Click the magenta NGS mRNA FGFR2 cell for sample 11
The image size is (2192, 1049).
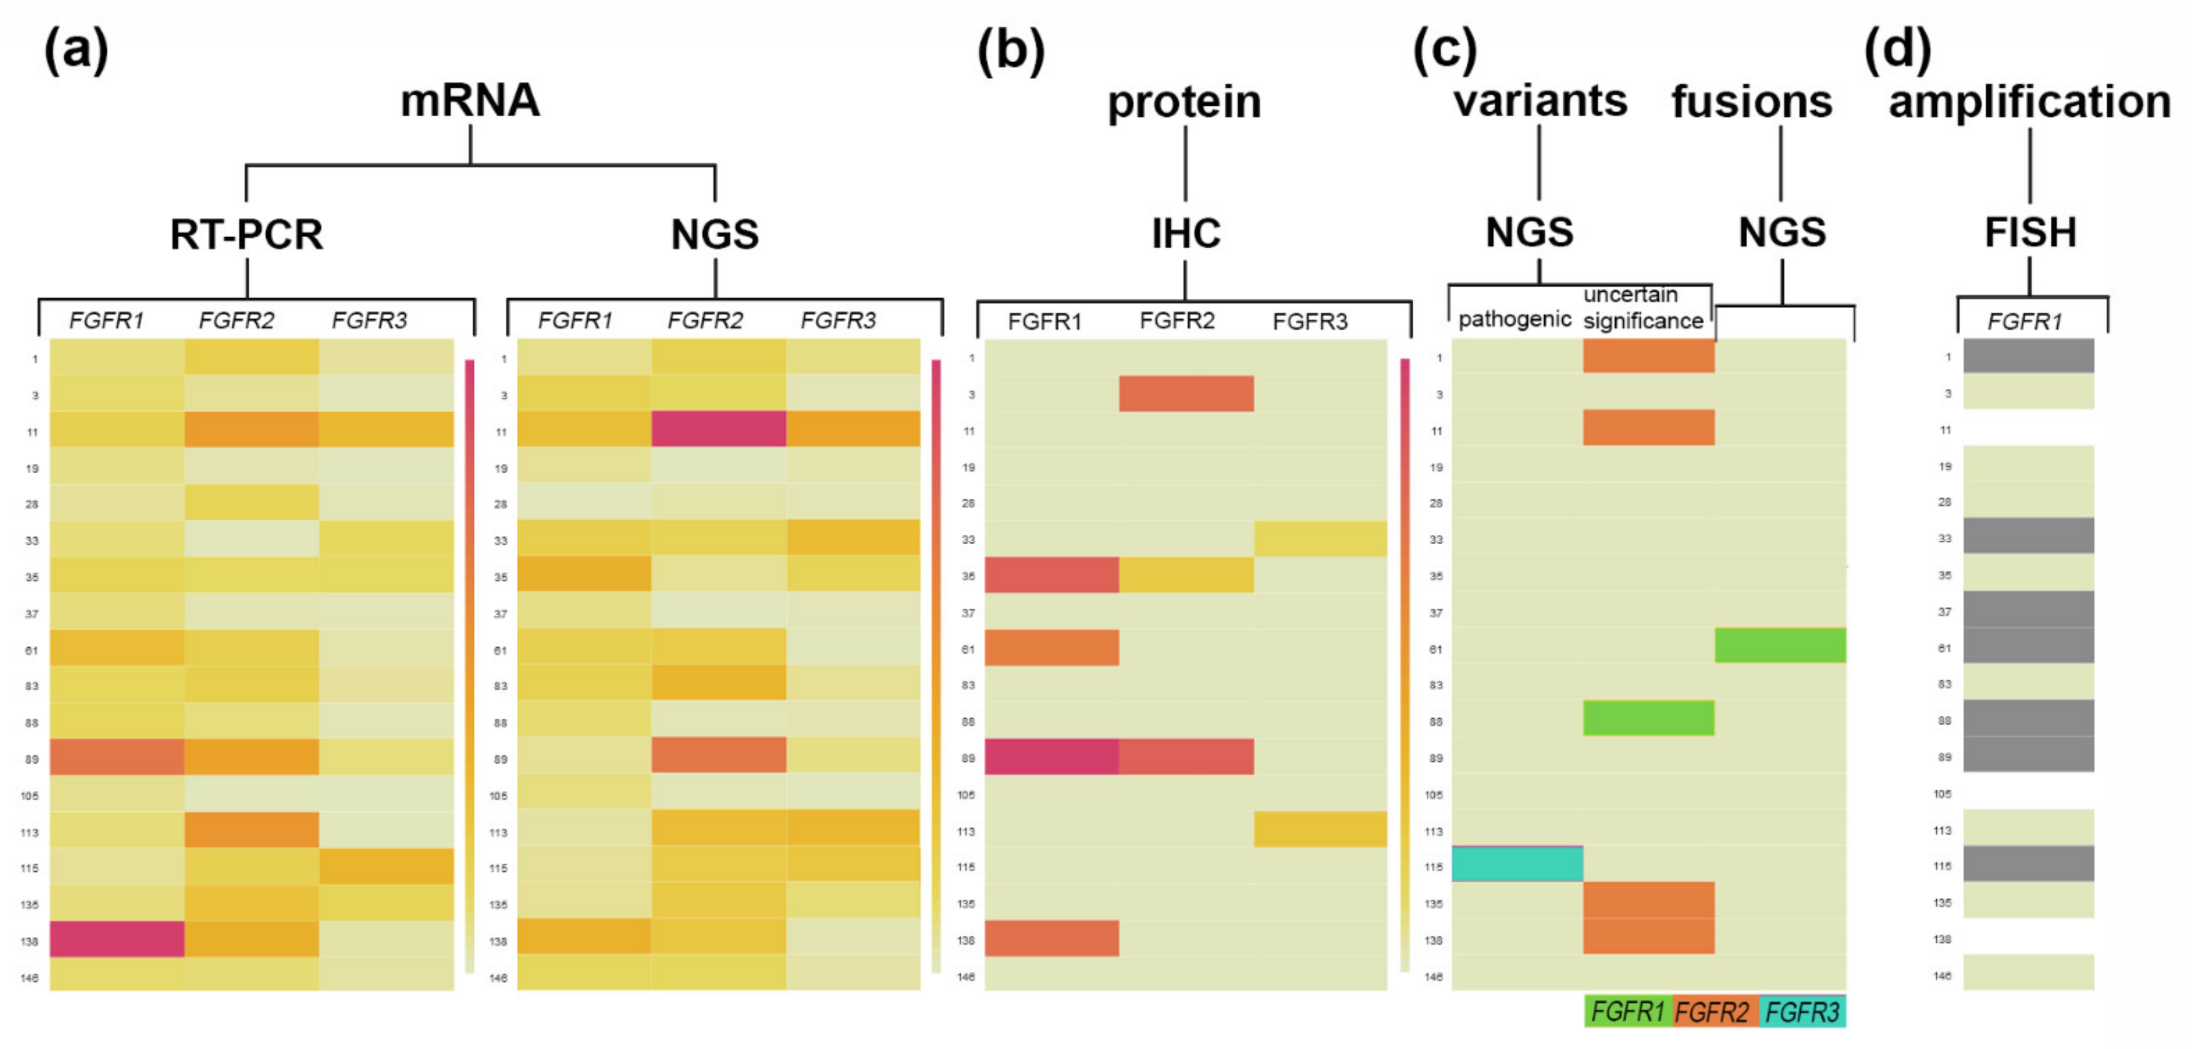click(x=718, y=429)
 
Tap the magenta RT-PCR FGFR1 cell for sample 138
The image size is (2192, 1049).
click(x=117, y=938)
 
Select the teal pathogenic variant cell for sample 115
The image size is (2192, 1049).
click(x=1516, y=864)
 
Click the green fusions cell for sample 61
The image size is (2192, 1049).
click(x=1780, y=645)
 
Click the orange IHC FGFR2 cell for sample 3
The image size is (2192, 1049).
click(x=1185, y=393)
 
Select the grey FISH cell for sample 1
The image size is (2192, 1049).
click(x=2028, y=355)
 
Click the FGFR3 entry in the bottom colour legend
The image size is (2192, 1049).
click(x=1802, y=1011)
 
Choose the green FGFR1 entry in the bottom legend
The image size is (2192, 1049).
click(x=1627, y=1011)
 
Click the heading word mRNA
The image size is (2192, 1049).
click(x=469, y=100)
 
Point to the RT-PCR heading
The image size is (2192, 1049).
click(x=247, y=234)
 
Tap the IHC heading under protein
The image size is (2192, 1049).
click(x=1185, y=233)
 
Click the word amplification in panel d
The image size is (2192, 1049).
click(x=2030, y=102)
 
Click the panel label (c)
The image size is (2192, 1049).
click(x=1444, y=50)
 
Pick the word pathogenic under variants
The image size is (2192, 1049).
click(x=1514, y=319)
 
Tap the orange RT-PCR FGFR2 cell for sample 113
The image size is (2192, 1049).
click(x=251, y=829)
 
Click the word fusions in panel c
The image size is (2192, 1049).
click(x=1751, y=102)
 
